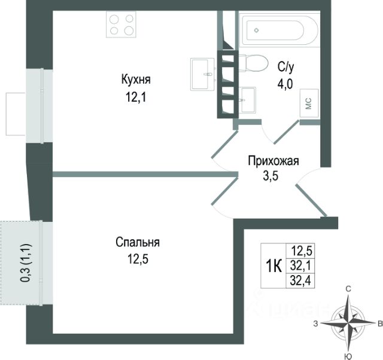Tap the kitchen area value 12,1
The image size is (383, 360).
point(136,96)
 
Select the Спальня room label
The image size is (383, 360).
point(138,243)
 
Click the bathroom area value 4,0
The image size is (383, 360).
point(285,83)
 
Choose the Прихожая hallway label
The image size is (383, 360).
point(274,160)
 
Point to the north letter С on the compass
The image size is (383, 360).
point(348,289)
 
